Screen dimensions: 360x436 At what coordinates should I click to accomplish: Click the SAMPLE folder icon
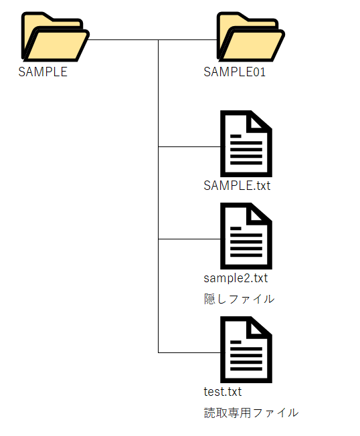(56, 37)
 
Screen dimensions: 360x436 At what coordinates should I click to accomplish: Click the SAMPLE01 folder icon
(251, 37)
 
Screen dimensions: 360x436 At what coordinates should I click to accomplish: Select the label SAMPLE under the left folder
(43, 72)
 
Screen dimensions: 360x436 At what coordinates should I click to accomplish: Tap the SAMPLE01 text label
(234, 72)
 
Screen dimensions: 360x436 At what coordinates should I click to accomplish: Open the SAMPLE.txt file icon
(246, 144)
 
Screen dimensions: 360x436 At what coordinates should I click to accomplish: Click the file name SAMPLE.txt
(237, 185)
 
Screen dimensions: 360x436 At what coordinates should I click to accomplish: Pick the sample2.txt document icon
(246, 236)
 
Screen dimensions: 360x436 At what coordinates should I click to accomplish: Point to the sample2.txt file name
(236, 278)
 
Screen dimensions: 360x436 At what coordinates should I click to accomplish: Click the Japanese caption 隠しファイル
(239, 299)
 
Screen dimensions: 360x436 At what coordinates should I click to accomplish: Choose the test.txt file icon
(246, 350)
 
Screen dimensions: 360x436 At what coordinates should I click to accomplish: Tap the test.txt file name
(223, 391)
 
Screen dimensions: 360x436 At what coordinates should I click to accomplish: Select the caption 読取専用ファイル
(251, 413)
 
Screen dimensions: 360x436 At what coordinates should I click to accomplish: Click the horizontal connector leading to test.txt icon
(189, 352)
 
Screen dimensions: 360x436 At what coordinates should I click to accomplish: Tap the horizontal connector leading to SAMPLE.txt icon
(189, 146)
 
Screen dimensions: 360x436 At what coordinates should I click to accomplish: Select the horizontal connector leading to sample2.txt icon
(189, 239)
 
